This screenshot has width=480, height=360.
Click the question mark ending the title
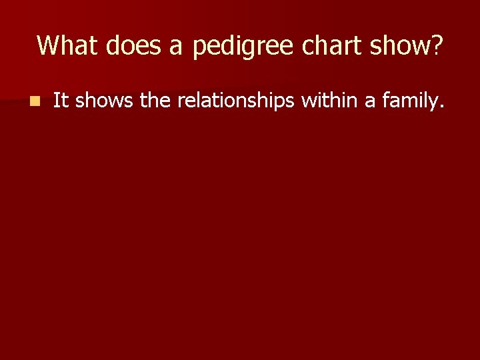tap(437, 45)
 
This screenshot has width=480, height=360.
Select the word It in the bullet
tap(61, 101)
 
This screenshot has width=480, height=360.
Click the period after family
tap(441, 106)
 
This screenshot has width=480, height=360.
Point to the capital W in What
tap(49, 45)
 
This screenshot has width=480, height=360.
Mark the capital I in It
tap(56, 101)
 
